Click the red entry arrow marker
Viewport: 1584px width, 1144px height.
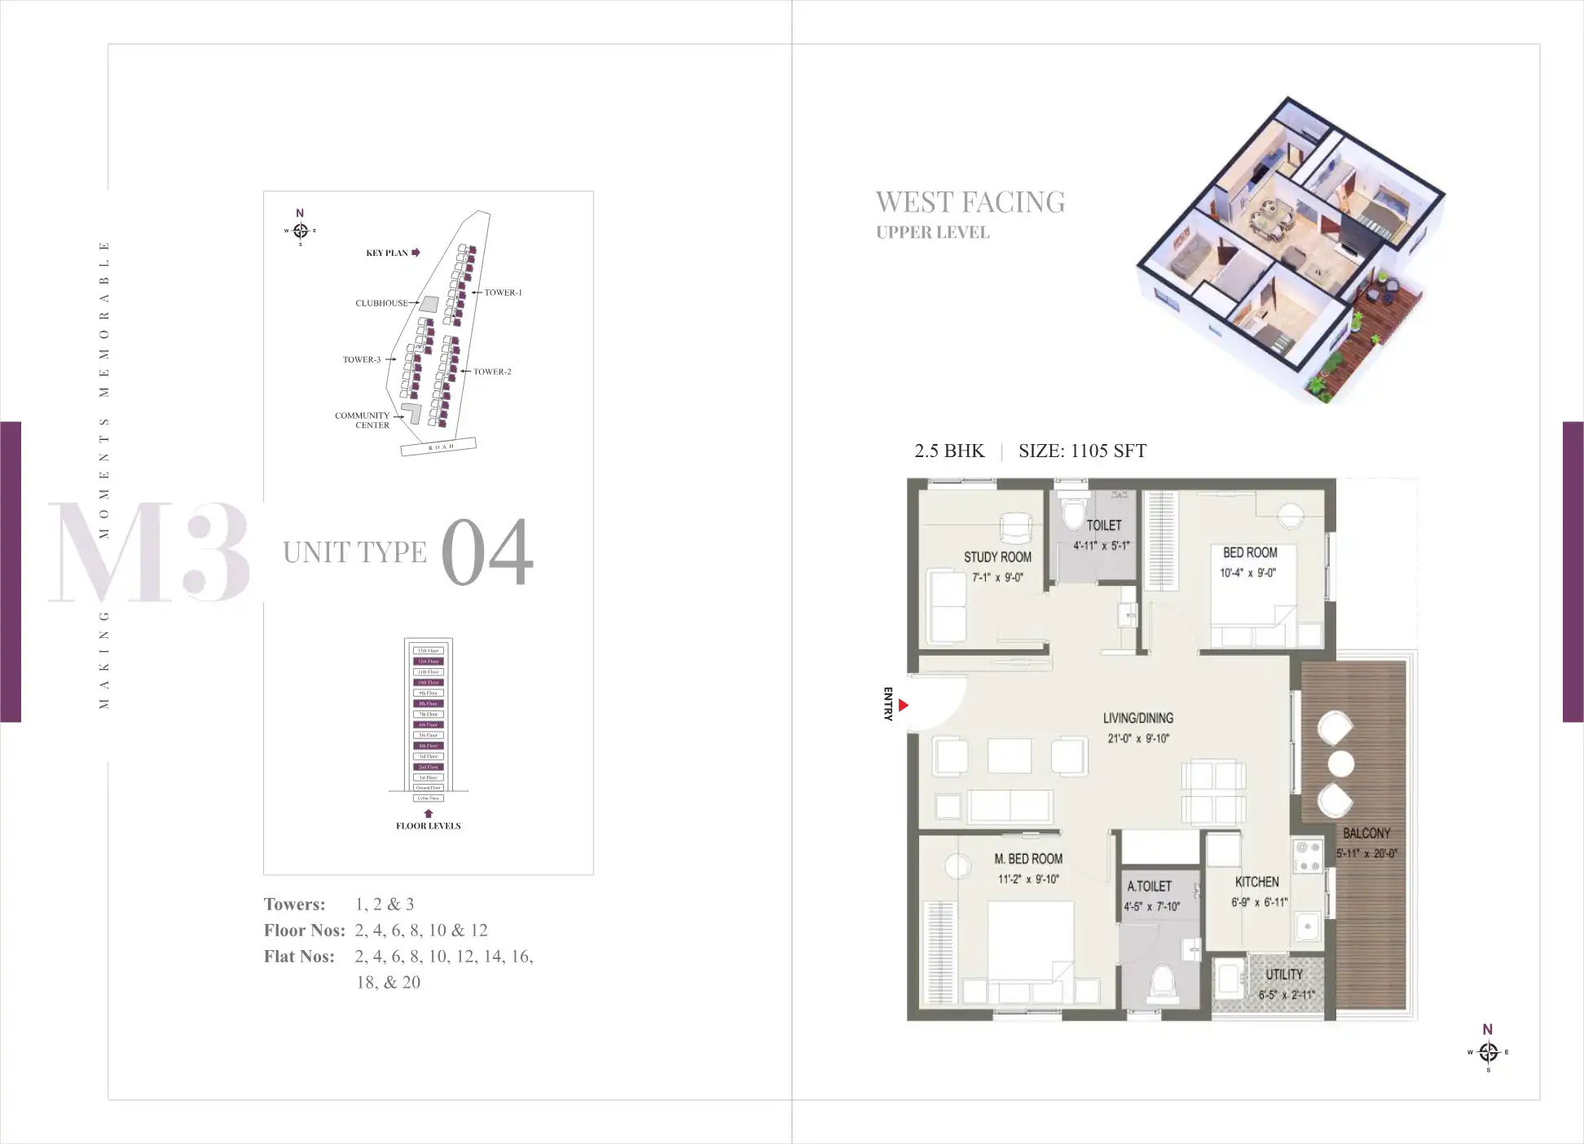tap(903, 706)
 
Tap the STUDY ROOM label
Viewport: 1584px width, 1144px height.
tap(997, 557)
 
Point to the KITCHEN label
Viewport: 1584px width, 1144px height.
tap(1256, 882)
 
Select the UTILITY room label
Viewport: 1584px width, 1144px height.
tap(1283, 975)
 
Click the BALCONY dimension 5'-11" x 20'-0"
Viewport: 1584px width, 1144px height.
tap(1366, 854)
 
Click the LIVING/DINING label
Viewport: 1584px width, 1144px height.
tap(1137, 718)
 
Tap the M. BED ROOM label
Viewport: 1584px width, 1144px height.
tap(1028, 859)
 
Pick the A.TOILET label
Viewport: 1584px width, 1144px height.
tap(1149, 887)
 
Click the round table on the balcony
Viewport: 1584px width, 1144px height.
tap(1341, 763)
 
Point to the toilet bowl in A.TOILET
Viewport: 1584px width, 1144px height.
tap(1163, 983)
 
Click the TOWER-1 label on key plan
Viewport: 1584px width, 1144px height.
tap(503, 293)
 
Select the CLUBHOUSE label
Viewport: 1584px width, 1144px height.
tap(381, 303)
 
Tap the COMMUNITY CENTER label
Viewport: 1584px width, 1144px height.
tap(363, 420)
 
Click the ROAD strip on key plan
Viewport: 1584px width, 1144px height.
tap(439, 447)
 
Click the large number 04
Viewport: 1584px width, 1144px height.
tap(486, 552)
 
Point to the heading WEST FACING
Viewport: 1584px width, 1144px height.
tap(970, 202)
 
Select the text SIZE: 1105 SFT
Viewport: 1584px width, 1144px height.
tap(1082, 451)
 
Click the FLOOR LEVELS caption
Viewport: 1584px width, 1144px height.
tap(428, 826)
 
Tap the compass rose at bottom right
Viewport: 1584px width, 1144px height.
tap(1488, 1052)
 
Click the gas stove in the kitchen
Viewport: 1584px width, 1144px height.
tap(1308, 856)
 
